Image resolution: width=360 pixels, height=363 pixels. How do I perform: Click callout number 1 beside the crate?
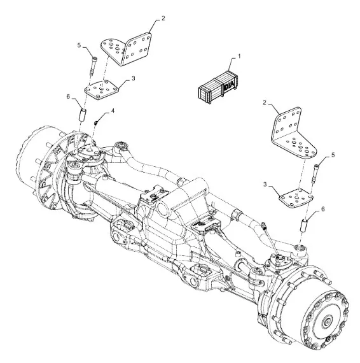[239, 56]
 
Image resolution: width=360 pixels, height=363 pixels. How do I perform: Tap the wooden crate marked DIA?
[218, 87]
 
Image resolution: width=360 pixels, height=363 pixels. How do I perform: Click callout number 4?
[113, 111]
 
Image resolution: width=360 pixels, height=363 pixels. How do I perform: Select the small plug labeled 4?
[96, 122]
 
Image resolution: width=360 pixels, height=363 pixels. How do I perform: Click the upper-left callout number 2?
[163, 18]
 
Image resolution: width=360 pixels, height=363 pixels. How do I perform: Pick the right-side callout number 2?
[265, 102]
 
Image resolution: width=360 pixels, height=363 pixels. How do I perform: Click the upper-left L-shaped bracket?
[126, 49]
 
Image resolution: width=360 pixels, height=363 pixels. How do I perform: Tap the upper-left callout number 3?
[134, 78]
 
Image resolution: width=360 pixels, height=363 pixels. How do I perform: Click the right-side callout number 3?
[265, 185]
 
